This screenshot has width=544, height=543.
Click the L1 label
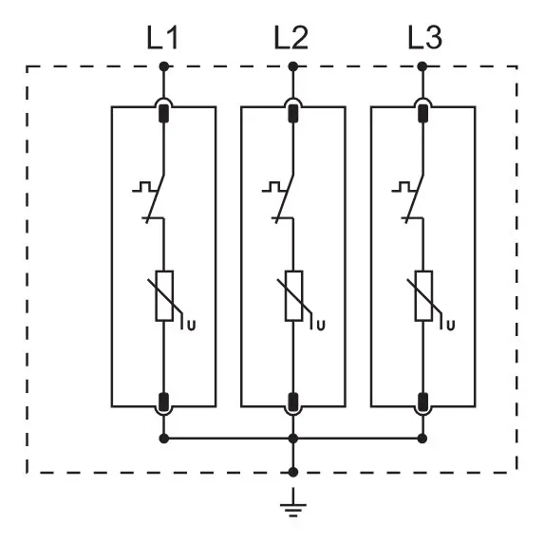[x=162, y=37]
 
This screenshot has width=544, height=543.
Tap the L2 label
[x=291, y=37]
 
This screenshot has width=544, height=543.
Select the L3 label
[x=424, y=37]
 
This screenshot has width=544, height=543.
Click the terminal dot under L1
[x=163, y=66]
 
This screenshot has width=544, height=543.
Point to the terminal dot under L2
[x=293, y=66]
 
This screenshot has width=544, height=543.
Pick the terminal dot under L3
[x=422, y=66]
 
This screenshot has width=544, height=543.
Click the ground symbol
[x=293, y=502]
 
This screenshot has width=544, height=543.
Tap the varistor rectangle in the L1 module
[x=164, y=296]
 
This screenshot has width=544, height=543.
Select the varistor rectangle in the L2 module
[x=294, y=296]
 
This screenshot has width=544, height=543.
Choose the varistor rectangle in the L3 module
[x=423, y=296]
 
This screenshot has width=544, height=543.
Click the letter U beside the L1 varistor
[x=192, y=326]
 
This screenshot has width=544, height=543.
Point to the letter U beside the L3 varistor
[x=450, y=326]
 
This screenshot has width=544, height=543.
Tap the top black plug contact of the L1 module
[x=163, y=113]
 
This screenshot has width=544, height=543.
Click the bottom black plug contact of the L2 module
[x=293, y=402]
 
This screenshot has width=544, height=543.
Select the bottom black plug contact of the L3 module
[x=422, y=402]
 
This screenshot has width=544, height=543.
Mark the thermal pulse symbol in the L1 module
[x=144, y=186]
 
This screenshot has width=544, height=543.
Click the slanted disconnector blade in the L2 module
[x=285, y=198]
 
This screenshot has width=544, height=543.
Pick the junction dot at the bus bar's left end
[x=163, y=439]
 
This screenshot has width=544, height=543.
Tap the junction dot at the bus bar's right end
[x=422, y=439]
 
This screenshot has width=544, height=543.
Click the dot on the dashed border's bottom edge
[x=293, y=472]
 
